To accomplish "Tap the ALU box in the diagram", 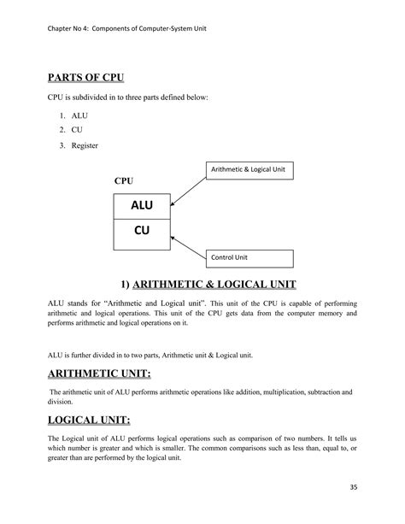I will (x=142, y=206).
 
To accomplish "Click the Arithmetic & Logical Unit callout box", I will (x=249, y=170).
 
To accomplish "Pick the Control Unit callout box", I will (x=249, y=256).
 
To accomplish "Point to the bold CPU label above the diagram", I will (x=124, y=182).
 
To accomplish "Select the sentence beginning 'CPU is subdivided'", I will (x=128, y=98).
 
